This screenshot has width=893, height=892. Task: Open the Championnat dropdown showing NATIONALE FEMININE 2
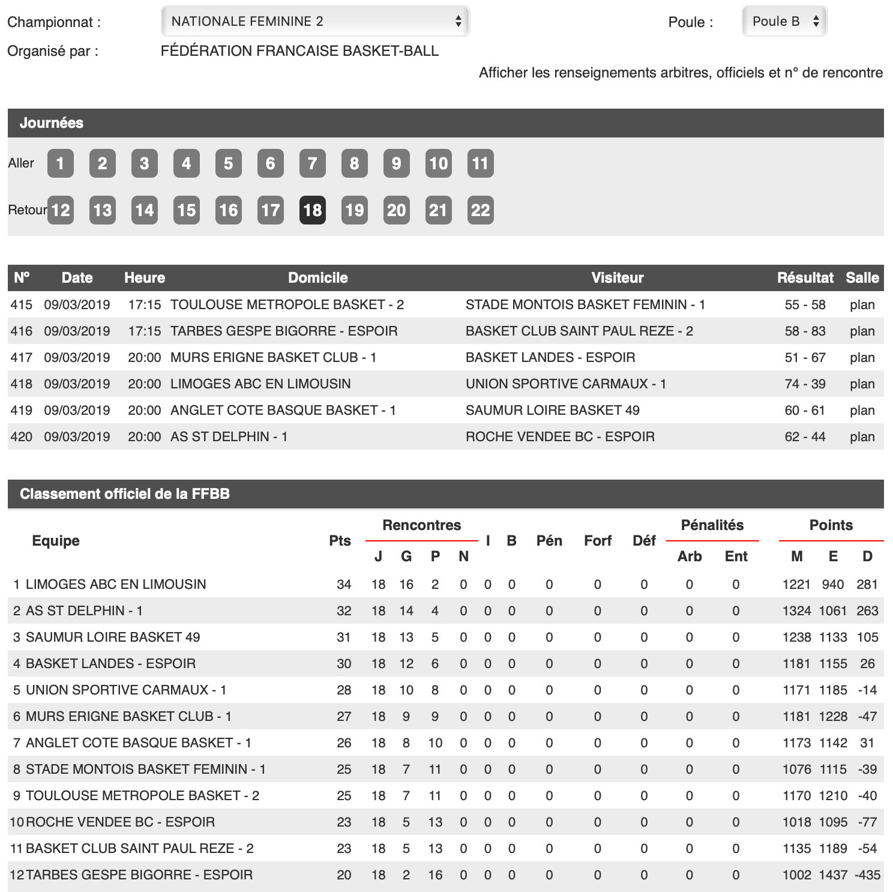click(x=315, y=22)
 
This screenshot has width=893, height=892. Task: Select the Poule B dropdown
click(x=784, y=22)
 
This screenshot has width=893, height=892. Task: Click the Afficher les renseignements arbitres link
click(x=681, y=73)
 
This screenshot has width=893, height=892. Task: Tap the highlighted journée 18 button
click(x=312, y=210)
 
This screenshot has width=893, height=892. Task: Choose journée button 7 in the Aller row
click(x=312, y=163)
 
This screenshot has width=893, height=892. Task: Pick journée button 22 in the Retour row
click(x=480, y=210)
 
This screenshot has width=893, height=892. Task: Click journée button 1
click(x=60, y=163)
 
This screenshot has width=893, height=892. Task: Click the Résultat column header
click(x=805, y=278)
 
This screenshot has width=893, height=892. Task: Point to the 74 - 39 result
click(x=805, y=384)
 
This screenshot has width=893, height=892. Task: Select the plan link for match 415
click(x=862, y=305)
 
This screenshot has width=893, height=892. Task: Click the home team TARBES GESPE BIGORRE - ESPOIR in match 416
click(x=284, y=331)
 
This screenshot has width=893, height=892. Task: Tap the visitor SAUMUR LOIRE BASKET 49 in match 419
click(x=552, y=411)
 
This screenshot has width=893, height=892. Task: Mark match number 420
click(x=21, y=437)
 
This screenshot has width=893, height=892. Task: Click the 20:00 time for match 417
click(x=145, y=358)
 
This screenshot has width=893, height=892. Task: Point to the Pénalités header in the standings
click(x=712, y=525)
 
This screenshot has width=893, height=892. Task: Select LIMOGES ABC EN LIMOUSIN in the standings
click(x=116, y=585)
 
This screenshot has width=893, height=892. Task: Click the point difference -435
click(x=867, y=875)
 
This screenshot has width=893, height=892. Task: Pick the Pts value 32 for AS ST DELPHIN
click(x=344, y=611)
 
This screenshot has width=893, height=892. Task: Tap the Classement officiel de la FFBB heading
click(x=125, y=494)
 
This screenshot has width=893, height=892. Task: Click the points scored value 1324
click(x=796, y=611)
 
